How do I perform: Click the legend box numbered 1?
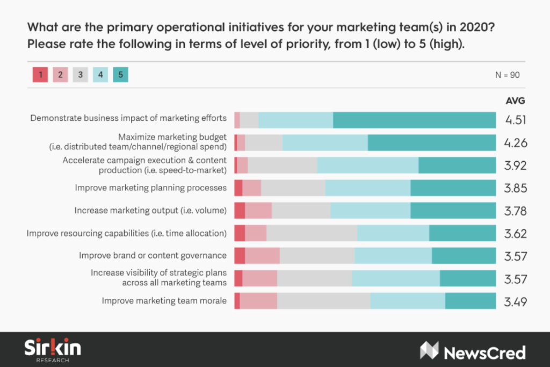pos(39,75)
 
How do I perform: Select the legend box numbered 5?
pos(120,75)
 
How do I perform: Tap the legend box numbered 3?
pos(80,75)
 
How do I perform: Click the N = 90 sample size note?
pos(507,75)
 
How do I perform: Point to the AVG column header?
pos(515,100)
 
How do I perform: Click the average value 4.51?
pos(515,120)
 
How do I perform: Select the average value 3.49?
pos(515,302)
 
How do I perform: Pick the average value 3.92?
pos(515,165)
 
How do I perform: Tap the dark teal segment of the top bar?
pos(414,120)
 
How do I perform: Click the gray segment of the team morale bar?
pos(323,301)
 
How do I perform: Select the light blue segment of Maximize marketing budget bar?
pos(325,143)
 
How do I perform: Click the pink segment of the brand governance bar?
pos(262,256)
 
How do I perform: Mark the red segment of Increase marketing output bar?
pos(240,211)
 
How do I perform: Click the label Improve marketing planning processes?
pos(150,188)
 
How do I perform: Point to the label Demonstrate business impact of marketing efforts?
pos(128,118)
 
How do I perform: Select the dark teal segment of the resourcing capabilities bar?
pos(462,233)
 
